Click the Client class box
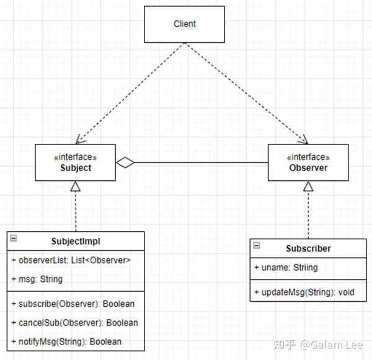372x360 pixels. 185,24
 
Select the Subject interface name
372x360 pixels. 76,168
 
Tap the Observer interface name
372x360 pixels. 308,168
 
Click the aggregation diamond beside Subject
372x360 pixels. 125,163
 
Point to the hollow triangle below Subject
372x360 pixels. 76,186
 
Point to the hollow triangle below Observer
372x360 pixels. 308,186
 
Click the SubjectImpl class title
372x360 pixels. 76,241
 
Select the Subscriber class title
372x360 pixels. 308,248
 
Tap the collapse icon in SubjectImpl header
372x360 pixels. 14,238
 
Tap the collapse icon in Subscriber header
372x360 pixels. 257,245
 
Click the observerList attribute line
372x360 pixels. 71,260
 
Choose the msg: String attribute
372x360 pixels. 37,279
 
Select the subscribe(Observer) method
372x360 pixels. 73,304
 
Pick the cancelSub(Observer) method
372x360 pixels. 75,323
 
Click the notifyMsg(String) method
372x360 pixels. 66,342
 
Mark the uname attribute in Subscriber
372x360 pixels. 286,268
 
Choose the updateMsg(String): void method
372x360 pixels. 304,292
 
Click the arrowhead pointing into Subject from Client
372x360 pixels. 80,140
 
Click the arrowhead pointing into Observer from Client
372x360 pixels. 303,140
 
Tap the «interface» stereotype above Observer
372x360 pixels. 308,157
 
